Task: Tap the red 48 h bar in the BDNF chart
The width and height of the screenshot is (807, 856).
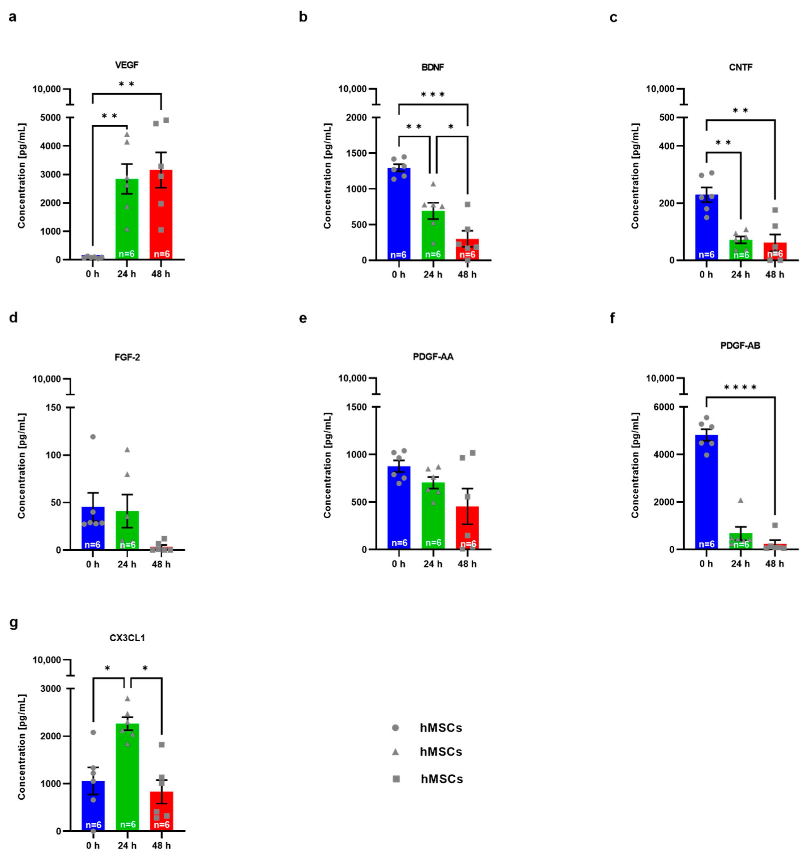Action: (x=467, y=250)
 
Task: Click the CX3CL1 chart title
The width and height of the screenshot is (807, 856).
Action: (x=127, y=638)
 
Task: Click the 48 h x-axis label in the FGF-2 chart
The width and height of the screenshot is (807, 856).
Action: (x=161, y=564)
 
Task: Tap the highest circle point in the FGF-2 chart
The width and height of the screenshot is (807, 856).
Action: (x=93, y=437)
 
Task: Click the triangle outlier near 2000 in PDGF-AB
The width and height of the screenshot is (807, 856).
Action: (x=741, y=500)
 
